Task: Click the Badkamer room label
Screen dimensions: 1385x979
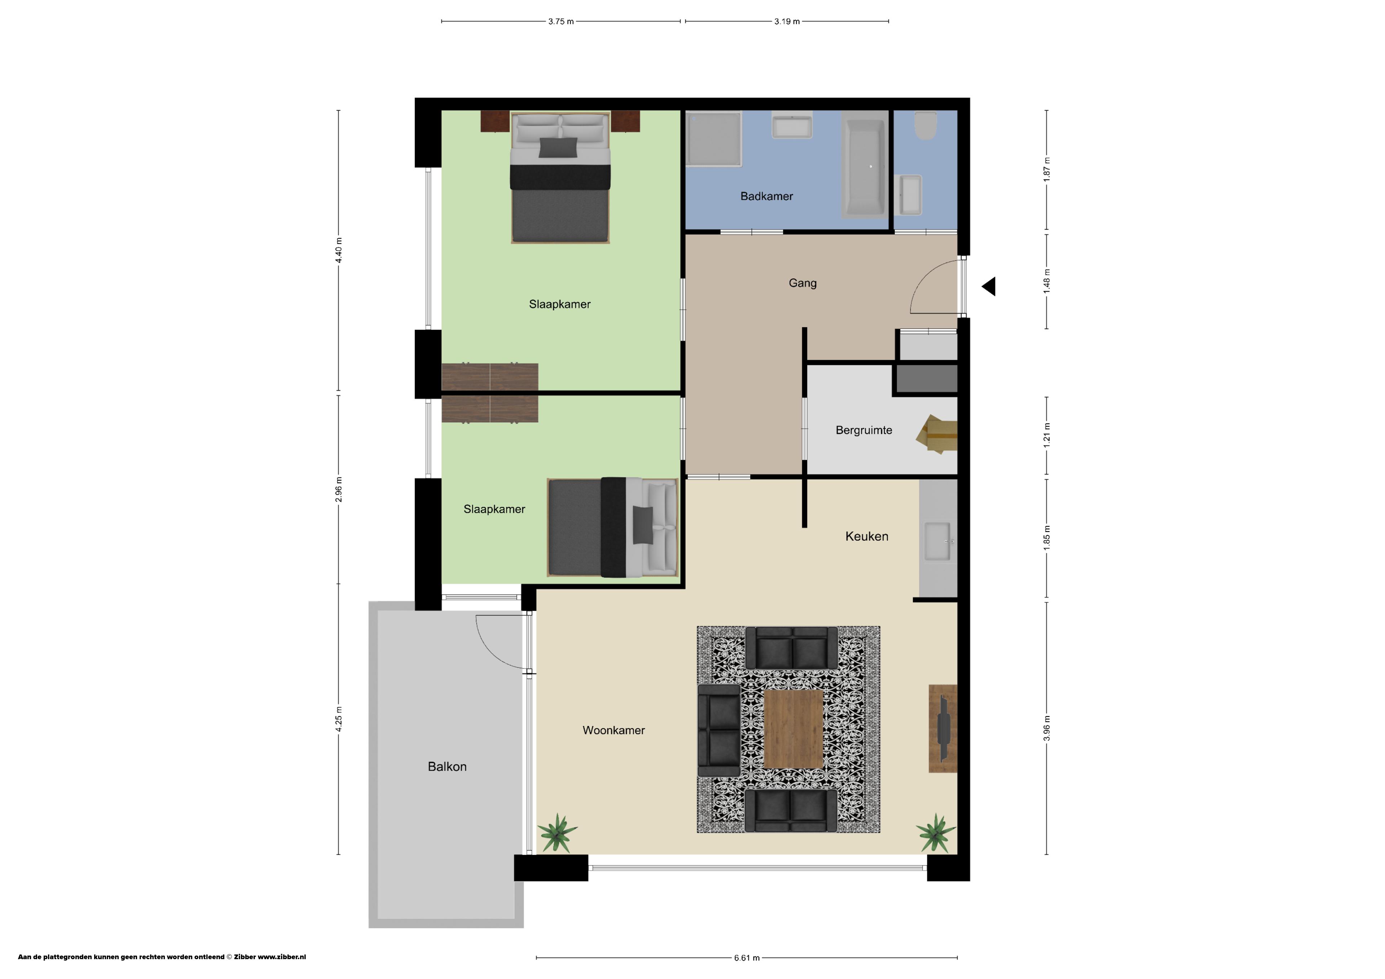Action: [x=766, y=196]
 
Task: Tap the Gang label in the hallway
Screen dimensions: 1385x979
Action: [x=802, y=283]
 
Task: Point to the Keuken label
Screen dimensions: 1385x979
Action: [x=866, y=536]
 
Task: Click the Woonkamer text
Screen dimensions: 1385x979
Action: [x=614, y=730]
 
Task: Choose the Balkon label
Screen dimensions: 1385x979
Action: [x=447, y=766]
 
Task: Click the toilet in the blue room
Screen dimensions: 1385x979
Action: [x=925, y=125]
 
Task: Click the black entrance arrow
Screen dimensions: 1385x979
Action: [x=989, y=287]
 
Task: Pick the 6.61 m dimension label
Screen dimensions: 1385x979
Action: [x=747, y=957]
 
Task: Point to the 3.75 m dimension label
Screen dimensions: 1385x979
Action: [x=560, y=21]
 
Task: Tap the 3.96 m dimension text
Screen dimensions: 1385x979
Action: [x=1047, y=728]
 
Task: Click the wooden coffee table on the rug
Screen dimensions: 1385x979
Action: [x=793, y=729]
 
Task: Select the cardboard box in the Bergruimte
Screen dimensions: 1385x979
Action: [x=937, y=432]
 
